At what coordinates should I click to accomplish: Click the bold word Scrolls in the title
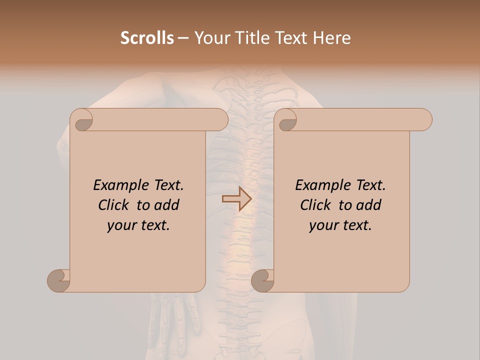click(x=147, y=38)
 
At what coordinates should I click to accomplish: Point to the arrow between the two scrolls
click(x=236, y=199)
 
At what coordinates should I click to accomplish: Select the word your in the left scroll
click(x=120, y=225)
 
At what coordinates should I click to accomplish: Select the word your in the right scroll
click(x=322, y=225)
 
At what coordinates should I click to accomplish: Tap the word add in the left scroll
click(x=167, y=205)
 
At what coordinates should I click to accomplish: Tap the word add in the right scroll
click(x=369, y=205)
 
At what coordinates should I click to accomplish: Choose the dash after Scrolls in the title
click(x=183, y=38)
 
